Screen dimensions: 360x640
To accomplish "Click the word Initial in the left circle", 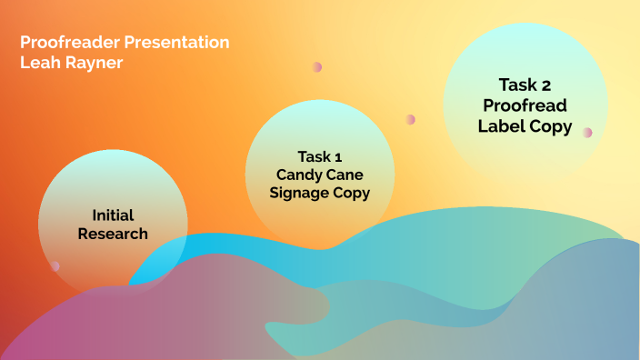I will (113, 215).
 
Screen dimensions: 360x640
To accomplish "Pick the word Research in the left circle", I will (113, 234).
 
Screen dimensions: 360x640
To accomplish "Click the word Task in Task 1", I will (313, 155).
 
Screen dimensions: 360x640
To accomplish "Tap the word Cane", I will (346, 174).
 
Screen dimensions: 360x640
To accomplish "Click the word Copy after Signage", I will (352, 193).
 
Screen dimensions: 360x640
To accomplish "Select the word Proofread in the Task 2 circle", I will (525, 105).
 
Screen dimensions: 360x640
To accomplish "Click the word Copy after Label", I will (553, 126).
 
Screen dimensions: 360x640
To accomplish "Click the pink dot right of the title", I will (317, 67).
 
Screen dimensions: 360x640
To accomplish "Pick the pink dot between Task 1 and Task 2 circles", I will (411, 119).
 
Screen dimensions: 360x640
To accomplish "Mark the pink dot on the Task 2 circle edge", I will (587, 132).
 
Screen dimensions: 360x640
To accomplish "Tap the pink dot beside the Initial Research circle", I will (55, 266).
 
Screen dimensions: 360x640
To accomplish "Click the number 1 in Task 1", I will (338, 155).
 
